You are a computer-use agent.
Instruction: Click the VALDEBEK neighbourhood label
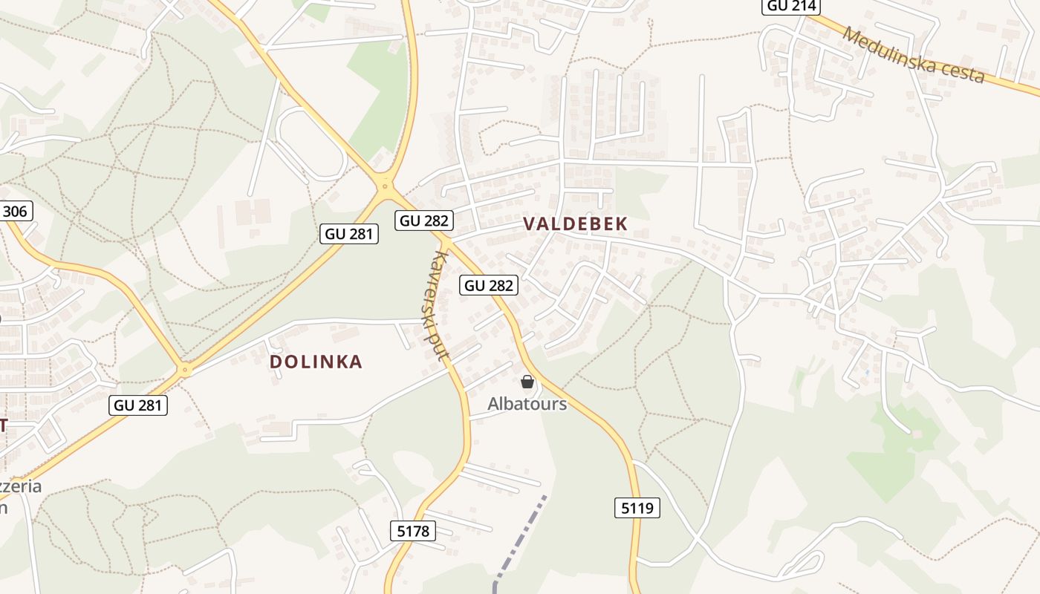coord(575,223)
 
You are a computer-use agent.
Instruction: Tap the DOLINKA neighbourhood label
coord(316,362)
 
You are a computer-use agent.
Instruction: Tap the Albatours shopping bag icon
coord(527,382)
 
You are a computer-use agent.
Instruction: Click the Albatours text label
coord(527,404)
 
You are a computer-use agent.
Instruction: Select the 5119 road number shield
coord(637,508)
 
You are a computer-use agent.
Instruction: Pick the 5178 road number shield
coord(412,530)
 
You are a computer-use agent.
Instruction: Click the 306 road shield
coord(14,211)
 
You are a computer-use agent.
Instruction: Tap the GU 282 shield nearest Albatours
coord(488,285)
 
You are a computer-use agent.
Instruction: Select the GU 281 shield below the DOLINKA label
coord(138,405)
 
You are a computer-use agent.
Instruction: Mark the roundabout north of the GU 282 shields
coord(384,186)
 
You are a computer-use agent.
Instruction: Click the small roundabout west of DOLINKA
coord(185,368)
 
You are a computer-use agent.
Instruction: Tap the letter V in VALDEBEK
coord(529,223)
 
